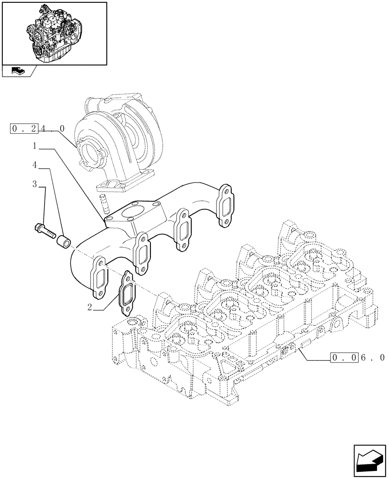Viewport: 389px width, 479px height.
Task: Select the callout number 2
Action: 90,307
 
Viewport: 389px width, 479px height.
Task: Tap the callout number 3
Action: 35,184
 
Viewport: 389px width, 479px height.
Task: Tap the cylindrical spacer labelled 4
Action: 64,242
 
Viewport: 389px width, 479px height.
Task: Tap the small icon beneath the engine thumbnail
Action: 17,71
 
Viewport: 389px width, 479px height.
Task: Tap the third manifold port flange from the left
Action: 183,229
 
